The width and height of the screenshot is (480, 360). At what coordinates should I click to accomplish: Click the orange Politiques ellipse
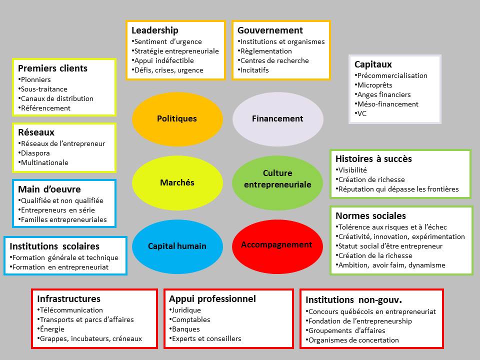[177, 118]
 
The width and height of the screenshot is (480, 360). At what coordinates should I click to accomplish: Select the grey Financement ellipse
[277, 118]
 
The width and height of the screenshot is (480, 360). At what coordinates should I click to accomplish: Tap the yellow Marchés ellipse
[177, 182]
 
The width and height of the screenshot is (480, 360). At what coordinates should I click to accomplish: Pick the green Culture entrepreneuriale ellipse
[277, 179]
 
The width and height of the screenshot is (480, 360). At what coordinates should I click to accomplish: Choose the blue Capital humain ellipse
[177, 246]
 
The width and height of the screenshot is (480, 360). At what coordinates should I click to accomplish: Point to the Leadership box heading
[154, 30]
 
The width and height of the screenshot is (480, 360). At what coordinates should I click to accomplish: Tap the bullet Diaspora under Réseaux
[35, 153]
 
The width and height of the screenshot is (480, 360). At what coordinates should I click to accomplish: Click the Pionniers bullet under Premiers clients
[35, 79]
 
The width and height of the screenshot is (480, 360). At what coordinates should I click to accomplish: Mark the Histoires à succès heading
[373, 158]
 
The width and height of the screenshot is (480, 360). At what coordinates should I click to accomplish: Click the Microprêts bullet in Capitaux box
[374, 85]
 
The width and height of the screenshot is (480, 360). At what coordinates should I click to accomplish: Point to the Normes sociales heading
[370, 216]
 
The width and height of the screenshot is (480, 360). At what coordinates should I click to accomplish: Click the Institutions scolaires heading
[54, 246]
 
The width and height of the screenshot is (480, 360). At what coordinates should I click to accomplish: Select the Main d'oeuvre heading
[49, 189]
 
